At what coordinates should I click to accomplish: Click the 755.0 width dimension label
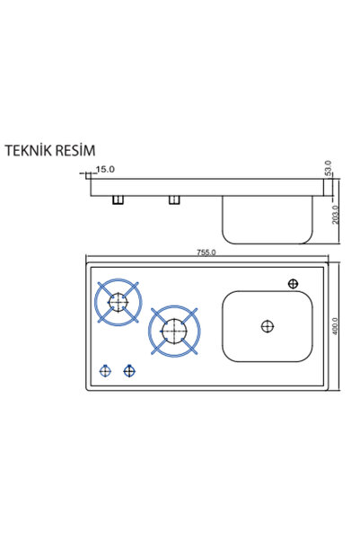[x=206, y=252]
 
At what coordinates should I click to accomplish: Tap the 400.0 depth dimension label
[x=336, y=326]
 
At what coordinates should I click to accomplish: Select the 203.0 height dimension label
[x=336, y=215]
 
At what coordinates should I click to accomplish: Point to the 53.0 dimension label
[x=329, y=168]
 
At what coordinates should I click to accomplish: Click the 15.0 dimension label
[x=105, y=170]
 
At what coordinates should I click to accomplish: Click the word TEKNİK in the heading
[x=28, y=150]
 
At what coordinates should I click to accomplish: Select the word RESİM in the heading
[x=75, y=150]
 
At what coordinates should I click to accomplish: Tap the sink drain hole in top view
[x=268, y=326]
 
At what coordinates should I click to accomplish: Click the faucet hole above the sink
[x=293, y=284]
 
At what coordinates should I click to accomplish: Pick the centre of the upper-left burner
[x=119, y=302]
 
